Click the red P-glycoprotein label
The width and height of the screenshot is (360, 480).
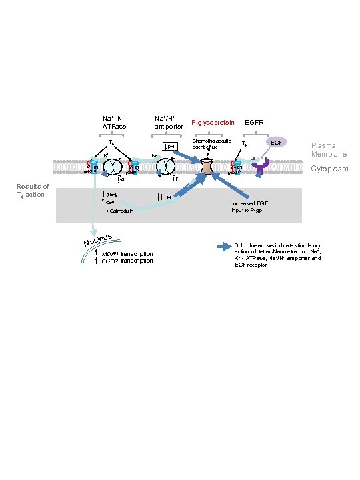[213, 123]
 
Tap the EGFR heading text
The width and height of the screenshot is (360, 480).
[255, 123]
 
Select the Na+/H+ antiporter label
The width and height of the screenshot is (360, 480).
[169, 122]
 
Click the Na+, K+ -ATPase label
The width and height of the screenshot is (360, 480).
[115, 122]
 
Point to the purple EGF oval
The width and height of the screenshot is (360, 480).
[275, 142]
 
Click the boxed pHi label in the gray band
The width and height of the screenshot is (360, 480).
[165, 197]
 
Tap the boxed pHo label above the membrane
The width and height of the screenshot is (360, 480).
[170, 146]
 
